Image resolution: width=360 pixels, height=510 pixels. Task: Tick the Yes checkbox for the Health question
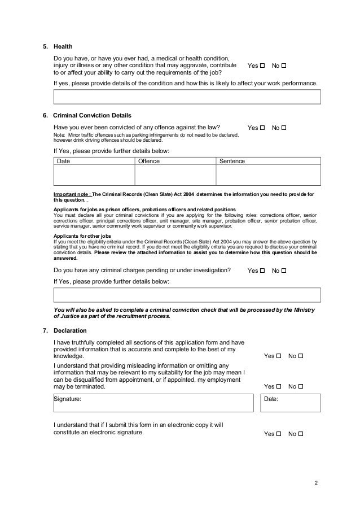263,66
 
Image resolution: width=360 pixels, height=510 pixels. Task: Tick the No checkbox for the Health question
284,66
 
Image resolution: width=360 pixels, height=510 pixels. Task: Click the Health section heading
63,46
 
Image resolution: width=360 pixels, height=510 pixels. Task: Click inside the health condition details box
187,97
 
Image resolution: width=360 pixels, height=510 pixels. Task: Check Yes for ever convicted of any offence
263,128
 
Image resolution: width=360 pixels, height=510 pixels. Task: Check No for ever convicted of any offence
284,128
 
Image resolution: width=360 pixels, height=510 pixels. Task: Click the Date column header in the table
64,162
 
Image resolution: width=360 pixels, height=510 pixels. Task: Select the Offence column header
149,162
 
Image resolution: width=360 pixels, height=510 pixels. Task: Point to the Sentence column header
232,162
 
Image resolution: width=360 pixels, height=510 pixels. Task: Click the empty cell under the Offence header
175,176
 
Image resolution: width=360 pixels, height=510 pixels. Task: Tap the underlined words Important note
71,194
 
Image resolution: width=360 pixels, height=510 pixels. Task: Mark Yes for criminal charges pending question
263,271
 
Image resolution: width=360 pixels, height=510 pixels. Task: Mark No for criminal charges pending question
284,271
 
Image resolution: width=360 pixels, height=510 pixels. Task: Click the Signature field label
67,399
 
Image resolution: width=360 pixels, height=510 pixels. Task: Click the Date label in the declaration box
272,399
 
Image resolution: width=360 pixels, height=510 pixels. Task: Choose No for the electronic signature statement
300,434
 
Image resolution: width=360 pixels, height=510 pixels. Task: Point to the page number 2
317,483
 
